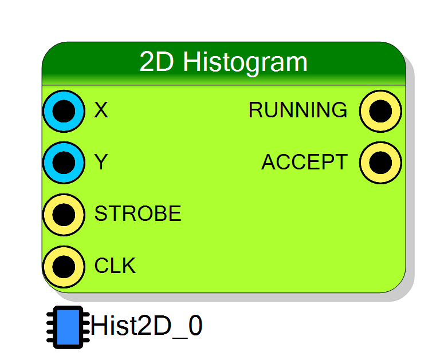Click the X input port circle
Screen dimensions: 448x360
tap(64, 111)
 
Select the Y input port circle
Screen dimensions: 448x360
tap(64, 163)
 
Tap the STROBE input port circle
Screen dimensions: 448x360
tap(64, 215)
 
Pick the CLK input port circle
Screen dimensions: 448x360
tap(64, 267)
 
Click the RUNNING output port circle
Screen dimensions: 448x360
tap(380, 111)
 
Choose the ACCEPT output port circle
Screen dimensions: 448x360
tap(380, 163)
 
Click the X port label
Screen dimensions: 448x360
tap(101, 110)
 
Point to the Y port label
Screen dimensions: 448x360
tap(101, 161)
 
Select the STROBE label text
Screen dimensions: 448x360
tap(137, 213)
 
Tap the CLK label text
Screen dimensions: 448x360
tap(115, 266)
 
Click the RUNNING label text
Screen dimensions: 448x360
tap(298, 110)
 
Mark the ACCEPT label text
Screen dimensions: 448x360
tap(305, 161)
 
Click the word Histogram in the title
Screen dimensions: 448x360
tap(245, 63)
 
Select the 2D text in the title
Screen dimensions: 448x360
tap(156, 61)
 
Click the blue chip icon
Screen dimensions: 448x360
tap(68, 327)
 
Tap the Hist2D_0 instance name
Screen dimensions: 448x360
tap(147, 326)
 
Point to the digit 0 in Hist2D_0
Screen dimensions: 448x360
tap(196, 325)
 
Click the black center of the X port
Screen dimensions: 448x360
tap(64, 111)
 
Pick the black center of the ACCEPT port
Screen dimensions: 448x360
tap(380, 163)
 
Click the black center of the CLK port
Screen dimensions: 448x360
tap(64, 267)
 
